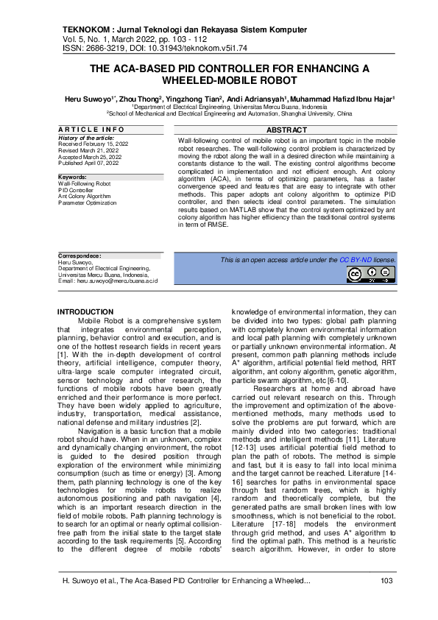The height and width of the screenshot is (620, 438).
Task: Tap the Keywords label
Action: tap(72, 177)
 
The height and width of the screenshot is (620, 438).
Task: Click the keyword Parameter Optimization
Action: tap(88, 202)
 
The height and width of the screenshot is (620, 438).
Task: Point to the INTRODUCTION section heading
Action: tap(85, 312)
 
